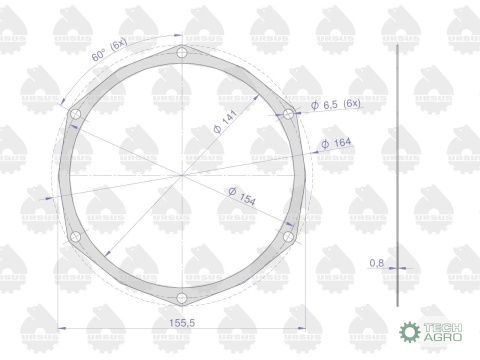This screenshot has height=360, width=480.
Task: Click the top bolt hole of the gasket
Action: point(181,53)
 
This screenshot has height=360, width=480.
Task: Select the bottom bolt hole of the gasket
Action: point(181,298)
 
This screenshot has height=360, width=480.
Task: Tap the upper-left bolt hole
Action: point(74,114)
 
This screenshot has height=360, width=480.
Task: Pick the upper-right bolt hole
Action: point(287,114)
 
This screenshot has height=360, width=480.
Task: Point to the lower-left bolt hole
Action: point(74,237)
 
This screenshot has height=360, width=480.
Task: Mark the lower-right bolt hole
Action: point(287,237)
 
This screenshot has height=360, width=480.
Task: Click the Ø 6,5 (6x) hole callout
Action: point(336,105)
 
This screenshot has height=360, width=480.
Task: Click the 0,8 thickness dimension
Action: point(376,263)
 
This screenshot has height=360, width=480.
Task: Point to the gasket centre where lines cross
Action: point(181,175)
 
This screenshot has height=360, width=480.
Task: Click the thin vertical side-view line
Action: point(397,175)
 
